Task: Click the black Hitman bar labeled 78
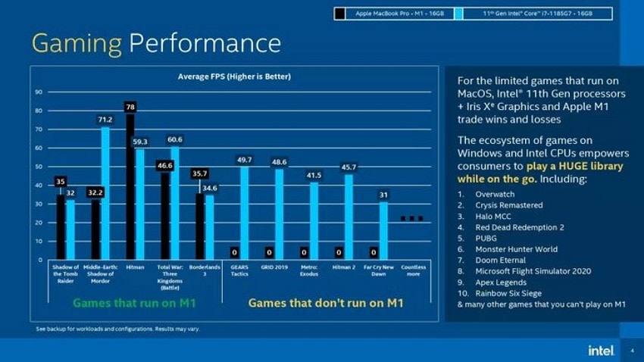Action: coord(130,186)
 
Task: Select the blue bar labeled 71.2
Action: coord(105,193)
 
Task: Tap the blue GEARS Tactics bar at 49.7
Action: coord(245,213)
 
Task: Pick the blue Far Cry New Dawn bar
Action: coord(384,230)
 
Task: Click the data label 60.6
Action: coord(174,140)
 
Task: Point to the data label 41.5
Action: coord(314,175)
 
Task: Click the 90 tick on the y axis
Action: coord(39,92)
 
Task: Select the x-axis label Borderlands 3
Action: coord(205,270)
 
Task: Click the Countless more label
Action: coord(413,270)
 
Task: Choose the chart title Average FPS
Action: coord(234,77)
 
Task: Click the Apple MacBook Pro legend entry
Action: coord(394,14)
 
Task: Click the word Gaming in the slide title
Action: coord(77,43)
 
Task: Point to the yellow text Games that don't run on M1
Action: coord(326,303)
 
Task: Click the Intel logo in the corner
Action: coord(599,349)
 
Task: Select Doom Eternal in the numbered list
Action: coord(500,260)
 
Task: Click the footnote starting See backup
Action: coord(117,329)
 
